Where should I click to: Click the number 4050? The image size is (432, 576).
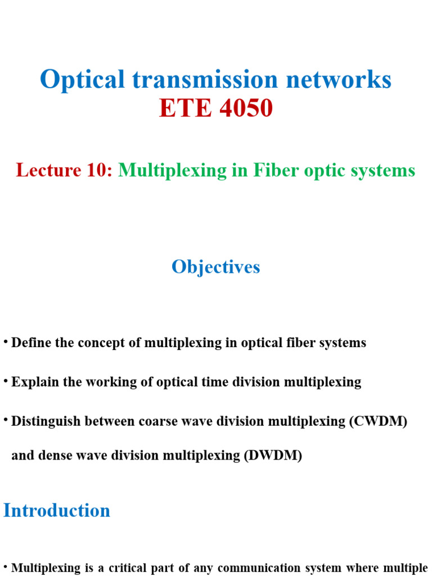click(x=246, y=108)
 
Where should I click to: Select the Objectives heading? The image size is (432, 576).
click(x=216, y=267)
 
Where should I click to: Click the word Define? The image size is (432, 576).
click(x=29, y=343)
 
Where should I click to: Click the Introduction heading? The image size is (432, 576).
click(x=57, y=510)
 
